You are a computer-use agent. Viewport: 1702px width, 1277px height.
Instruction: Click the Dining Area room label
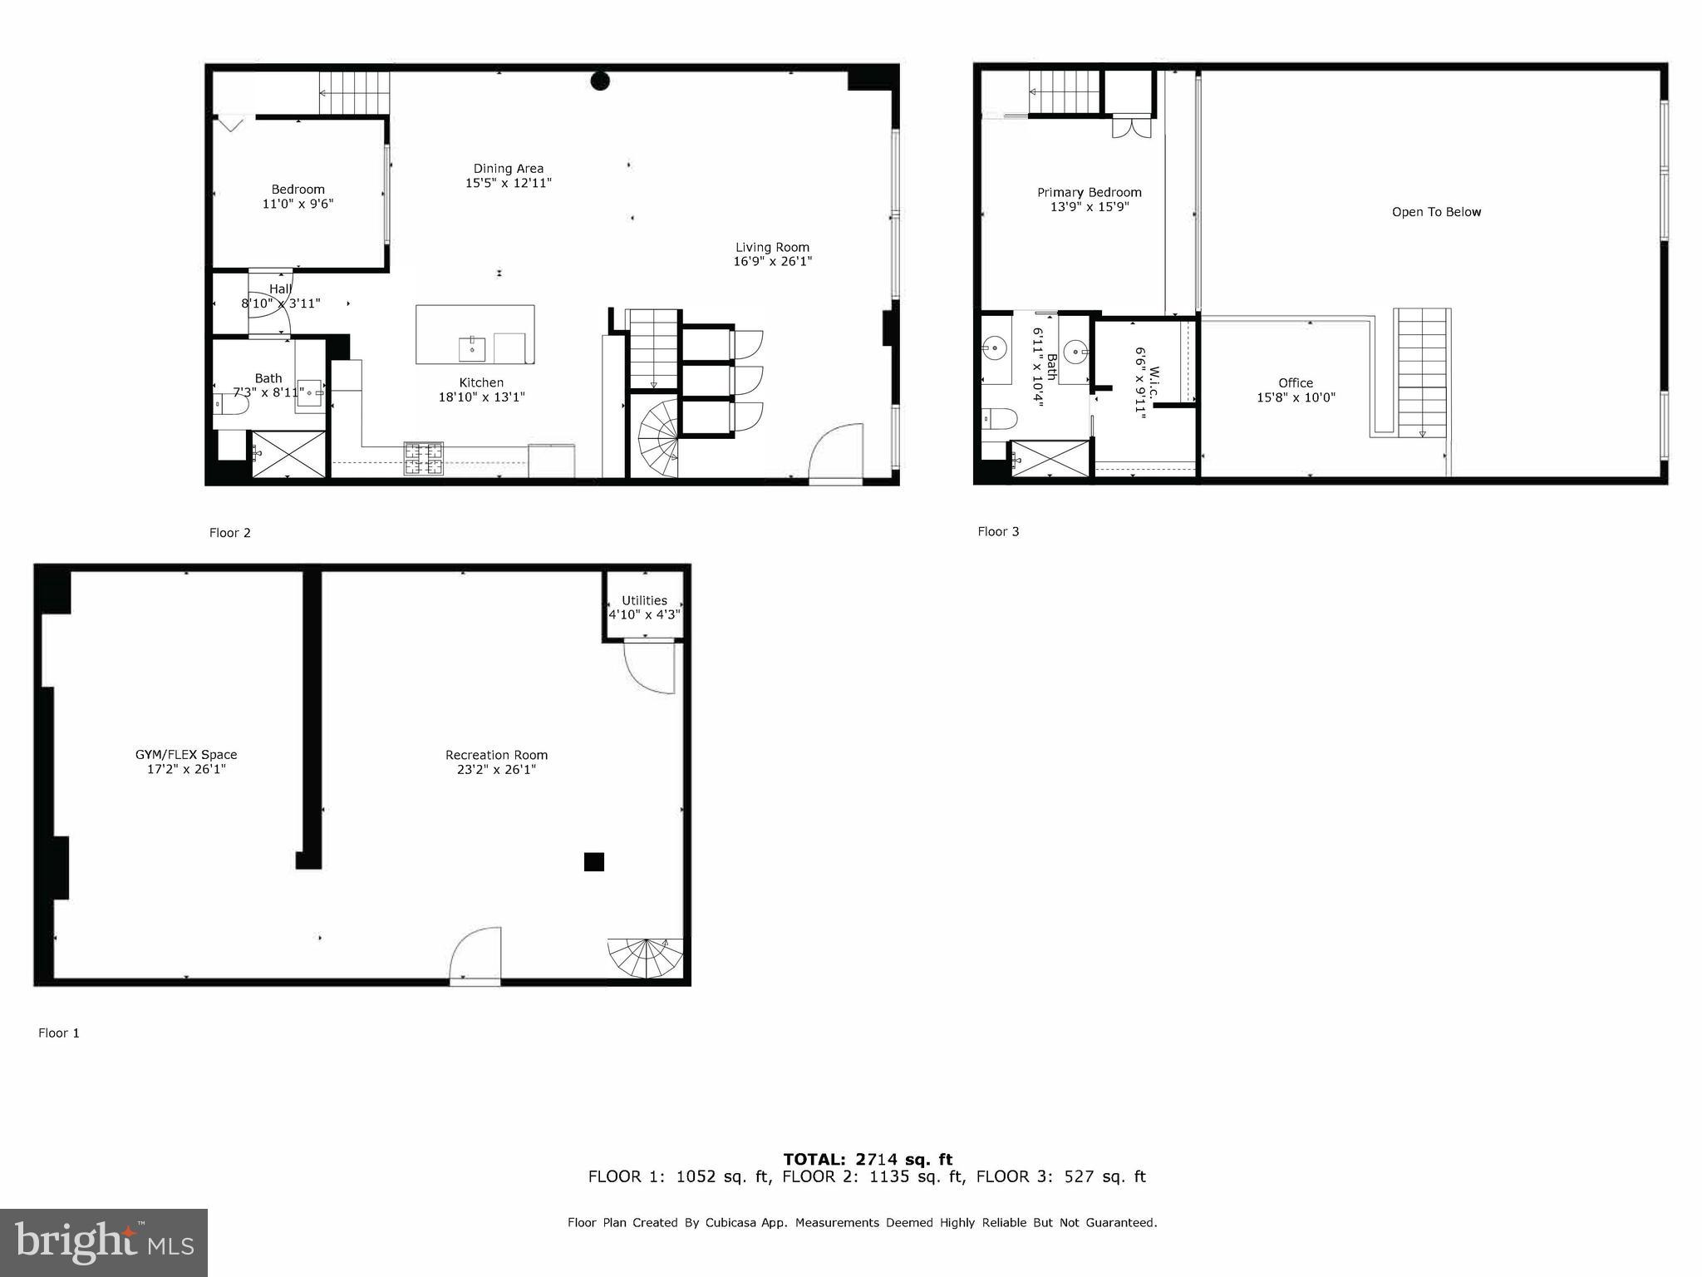coord(508,169)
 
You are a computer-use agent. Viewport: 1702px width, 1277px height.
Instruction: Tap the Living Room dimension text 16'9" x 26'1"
coord(772,261)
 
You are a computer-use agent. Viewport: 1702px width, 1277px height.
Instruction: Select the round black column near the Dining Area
coord(600,81)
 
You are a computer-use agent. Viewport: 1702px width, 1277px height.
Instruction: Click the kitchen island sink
coord(472,349)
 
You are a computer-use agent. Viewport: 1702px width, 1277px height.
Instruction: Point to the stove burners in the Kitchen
coord(424,458)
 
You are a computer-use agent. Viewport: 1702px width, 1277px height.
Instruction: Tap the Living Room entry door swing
coord(835,453)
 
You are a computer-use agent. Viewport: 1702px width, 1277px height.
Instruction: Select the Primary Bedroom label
coord(1089,192)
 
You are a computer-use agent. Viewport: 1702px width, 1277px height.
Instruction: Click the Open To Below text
coord(1436,212)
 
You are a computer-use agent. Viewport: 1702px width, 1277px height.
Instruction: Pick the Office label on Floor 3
coord(1296,383)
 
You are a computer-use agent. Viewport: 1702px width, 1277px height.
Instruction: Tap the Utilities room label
coord(644,600)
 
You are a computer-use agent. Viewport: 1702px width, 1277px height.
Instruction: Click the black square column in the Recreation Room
coord(593,862)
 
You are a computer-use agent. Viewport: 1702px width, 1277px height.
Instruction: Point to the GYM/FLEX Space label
coord(186,755)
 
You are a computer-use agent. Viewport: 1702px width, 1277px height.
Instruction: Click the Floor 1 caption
coord(59,1033)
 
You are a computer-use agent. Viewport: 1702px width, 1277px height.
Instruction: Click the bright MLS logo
coord(104,1242)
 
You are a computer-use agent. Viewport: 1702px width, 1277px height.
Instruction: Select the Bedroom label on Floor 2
coord(298,190)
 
